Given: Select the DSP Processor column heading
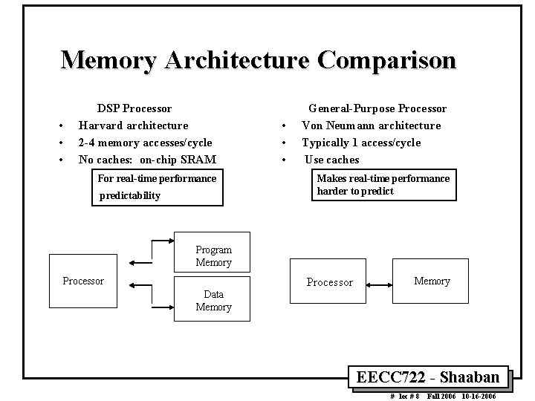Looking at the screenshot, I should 134,109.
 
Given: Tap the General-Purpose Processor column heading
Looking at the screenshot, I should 377,109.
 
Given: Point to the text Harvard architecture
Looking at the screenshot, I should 133,125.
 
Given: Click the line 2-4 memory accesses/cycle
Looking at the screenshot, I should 145,143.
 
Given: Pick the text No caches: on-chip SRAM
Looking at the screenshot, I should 147,160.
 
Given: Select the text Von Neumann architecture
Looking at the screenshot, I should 371,125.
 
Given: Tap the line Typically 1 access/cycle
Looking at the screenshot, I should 360,143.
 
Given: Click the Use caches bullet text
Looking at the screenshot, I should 332,160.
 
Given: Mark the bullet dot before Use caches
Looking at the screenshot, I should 282,160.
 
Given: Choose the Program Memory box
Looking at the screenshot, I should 213,256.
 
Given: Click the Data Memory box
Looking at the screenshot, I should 213,300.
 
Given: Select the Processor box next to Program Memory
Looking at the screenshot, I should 83,281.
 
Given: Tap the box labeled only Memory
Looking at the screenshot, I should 432,281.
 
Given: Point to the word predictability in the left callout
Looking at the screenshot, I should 130,196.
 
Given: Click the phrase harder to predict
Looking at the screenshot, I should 355,192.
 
